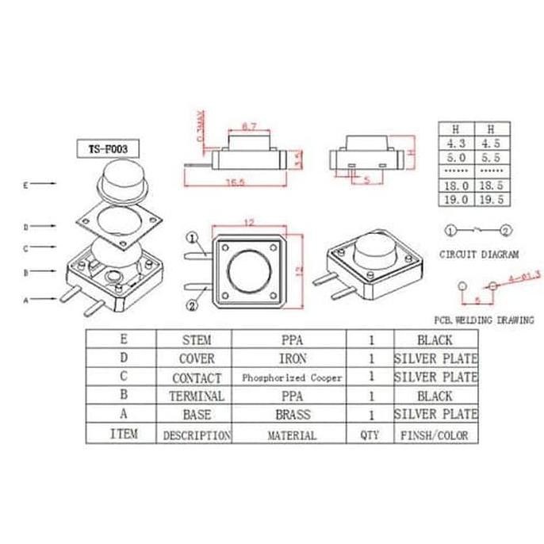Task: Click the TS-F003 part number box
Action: (107, 148)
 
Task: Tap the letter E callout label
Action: (26, 186)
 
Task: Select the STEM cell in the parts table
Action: (197, 339)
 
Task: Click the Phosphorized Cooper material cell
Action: (291, 378)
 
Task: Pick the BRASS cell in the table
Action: (291, 415)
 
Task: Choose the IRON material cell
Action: (291, 358)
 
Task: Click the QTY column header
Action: (370, 435)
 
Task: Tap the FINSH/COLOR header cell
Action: (436, 435)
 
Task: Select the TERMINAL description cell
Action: (197, 396)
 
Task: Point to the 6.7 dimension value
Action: (248, 127)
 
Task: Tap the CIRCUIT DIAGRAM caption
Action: (479, 255)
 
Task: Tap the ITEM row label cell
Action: (123, 434)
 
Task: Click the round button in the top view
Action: (252, 272)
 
